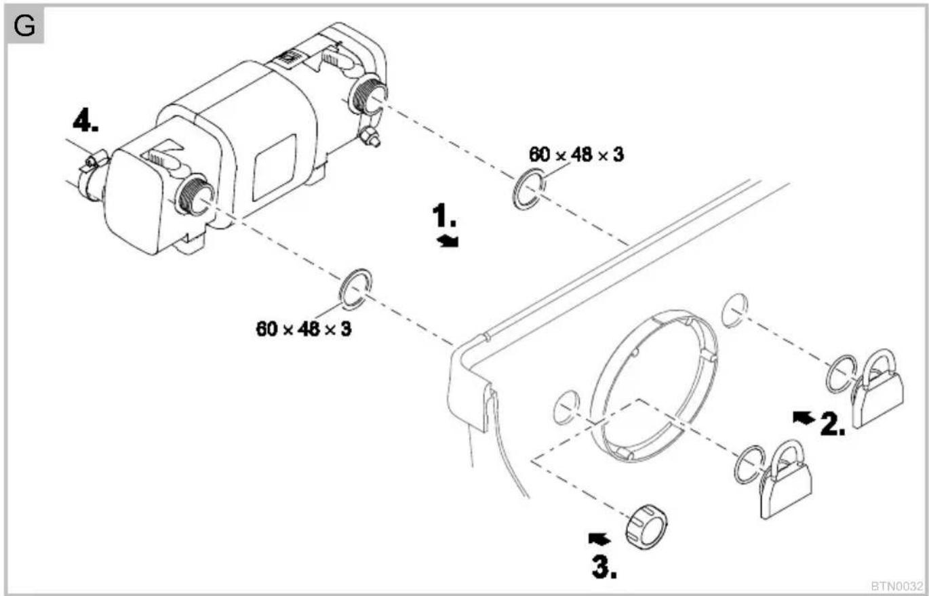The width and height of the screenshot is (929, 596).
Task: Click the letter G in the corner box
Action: tap(24, 26)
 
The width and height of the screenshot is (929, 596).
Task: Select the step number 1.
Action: tap(444, 215)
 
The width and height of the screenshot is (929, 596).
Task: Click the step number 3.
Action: tap(604, 567)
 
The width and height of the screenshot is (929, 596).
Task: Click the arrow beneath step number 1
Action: tap(448, 241)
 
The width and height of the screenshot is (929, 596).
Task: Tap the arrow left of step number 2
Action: tap(804, 417)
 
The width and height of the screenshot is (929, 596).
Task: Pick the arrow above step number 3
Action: tap(599, 539)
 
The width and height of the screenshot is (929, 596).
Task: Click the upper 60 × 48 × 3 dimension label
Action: tap(576, 155)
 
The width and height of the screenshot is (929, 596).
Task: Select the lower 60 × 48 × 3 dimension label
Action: tap(304, 329)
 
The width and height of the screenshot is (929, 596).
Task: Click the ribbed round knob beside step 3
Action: tap(646, 527)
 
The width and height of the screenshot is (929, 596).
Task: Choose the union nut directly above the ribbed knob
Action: tap(785, 479)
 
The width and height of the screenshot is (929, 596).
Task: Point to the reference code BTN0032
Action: tap(897, 586)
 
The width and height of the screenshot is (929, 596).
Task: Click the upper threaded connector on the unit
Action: tap(369, 94)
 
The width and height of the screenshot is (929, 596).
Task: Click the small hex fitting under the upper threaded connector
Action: tap(370, 136)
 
